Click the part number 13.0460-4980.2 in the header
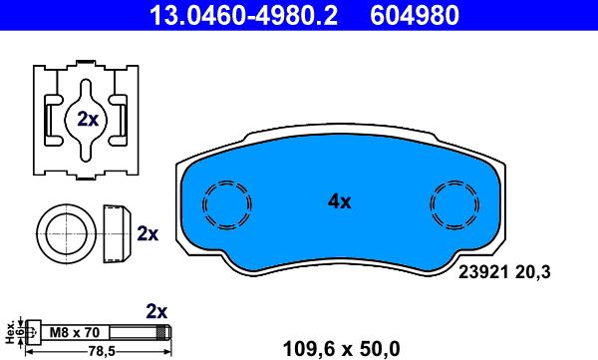(x=243, y=15)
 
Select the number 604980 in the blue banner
(x=415, y=15)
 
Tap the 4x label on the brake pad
(x=340, y=201)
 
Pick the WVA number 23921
(x=483, y=272)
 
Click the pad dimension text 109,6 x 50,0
(x=341, y=349)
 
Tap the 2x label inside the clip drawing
(x=88, y=120)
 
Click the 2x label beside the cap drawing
(x=148, y=233)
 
